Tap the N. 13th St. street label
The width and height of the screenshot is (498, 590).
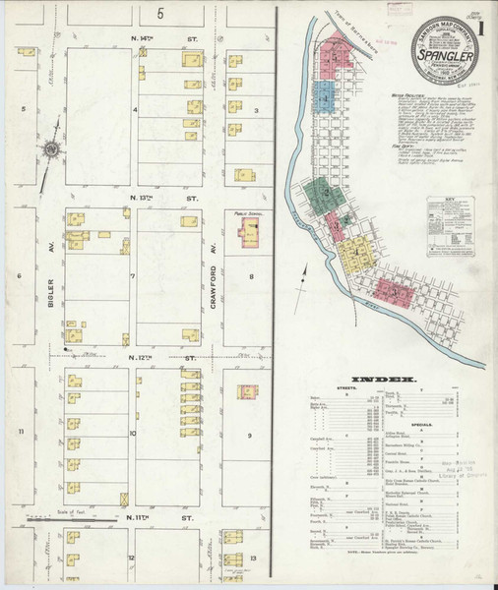[x=155, y=198]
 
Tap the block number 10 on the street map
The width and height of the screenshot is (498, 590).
[x=132, y=433]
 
